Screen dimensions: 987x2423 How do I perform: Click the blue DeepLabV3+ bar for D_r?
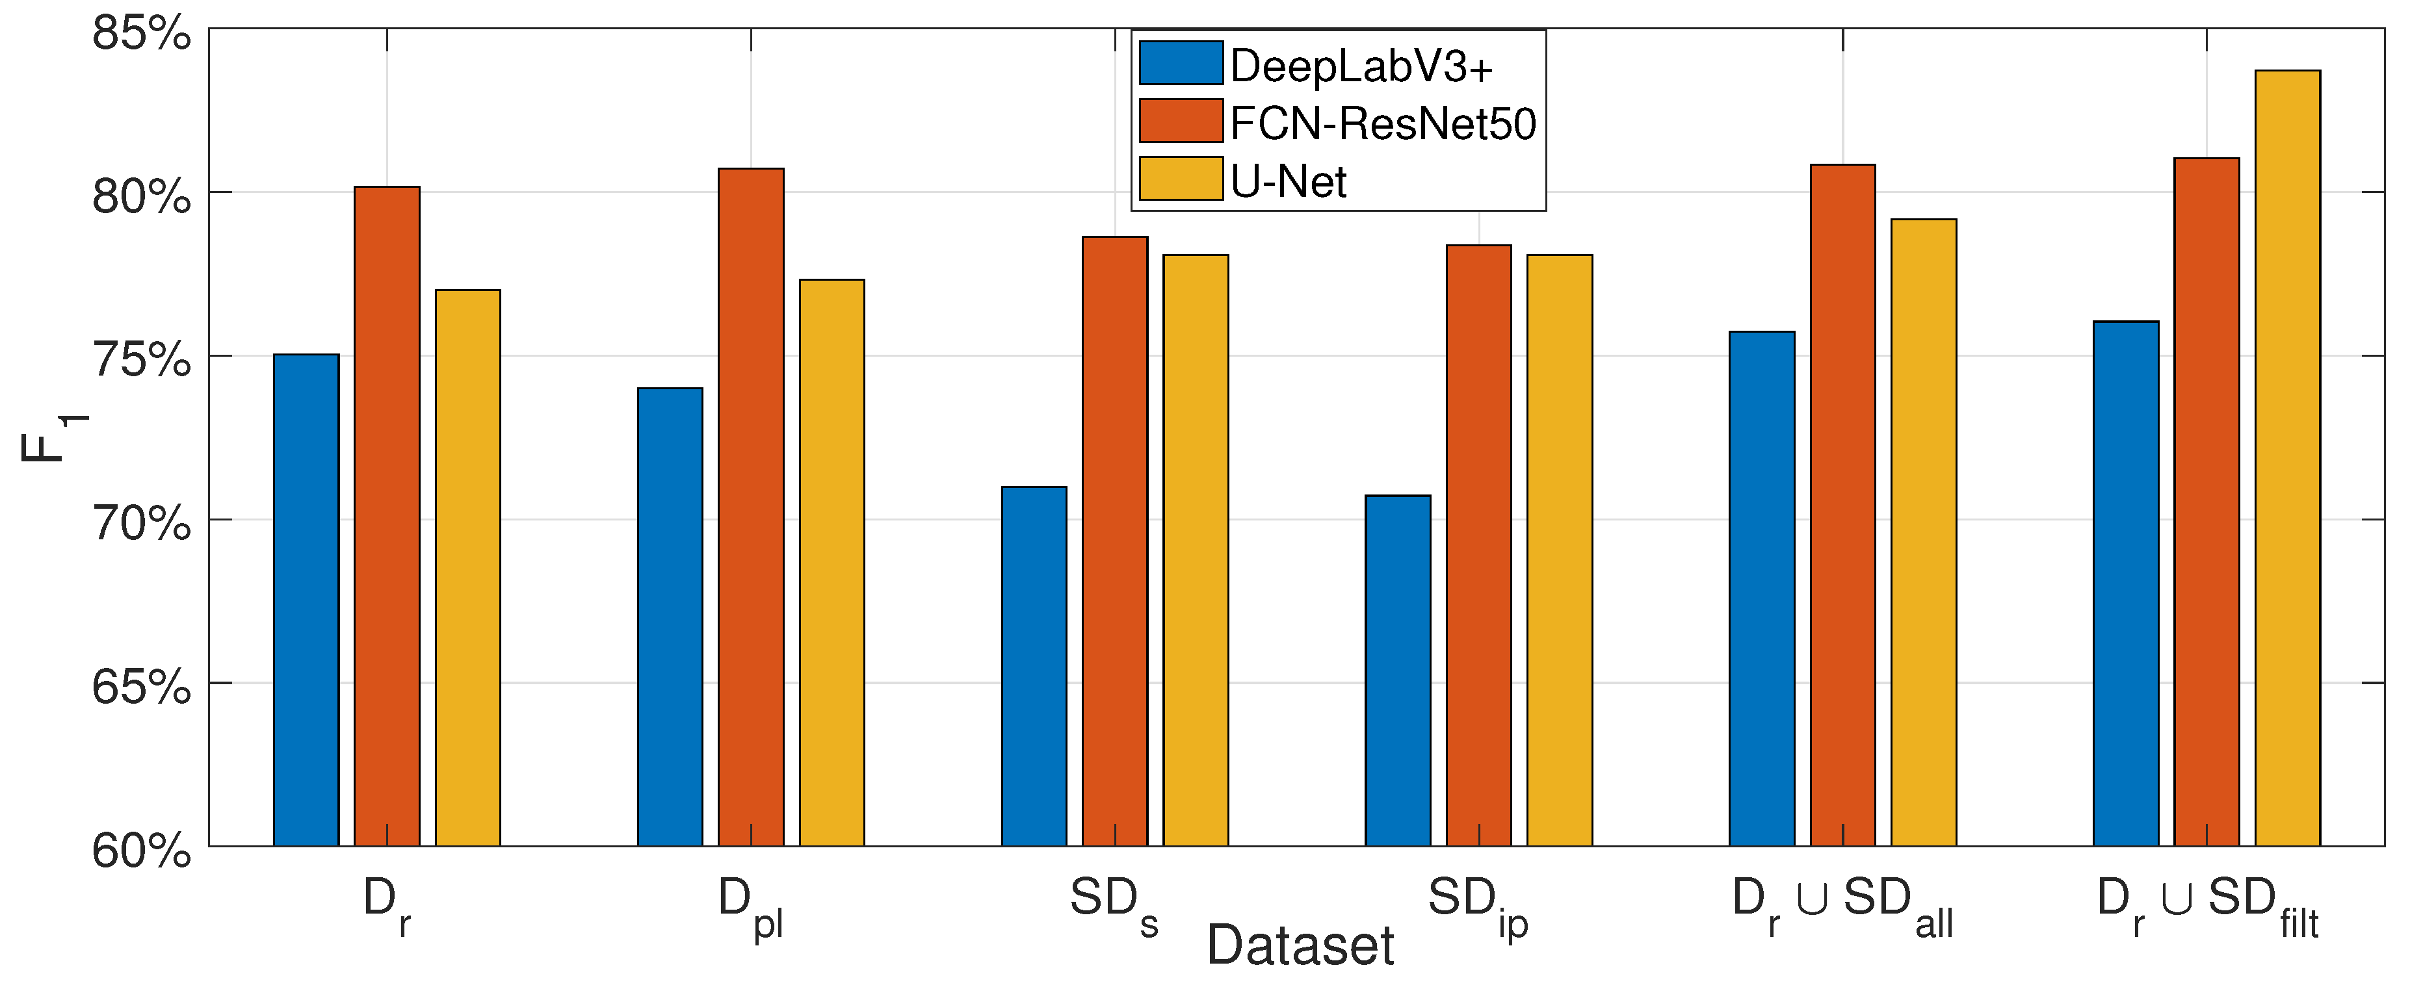[307, 602]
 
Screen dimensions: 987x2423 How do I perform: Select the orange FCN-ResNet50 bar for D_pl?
[752, 507]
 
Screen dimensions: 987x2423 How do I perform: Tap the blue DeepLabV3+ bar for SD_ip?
[1398, 671]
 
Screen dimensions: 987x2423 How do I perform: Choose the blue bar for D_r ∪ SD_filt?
[2126, 583]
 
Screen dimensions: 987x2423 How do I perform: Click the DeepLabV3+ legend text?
[1361, 66]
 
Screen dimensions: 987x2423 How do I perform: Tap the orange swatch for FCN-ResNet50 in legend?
[1181, 122]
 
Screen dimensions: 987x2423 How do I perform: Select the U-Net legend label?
[1288, 181]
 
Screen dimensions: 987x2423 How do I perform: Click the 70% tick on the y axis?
[141, 522]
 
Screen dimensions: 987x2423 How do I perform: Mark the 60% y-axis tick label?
[141, 851]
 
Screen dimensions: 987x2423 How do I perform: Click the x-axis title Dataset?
[1300, 945]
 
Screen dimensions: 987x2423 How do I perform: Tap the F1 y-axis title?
[52, 437]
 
